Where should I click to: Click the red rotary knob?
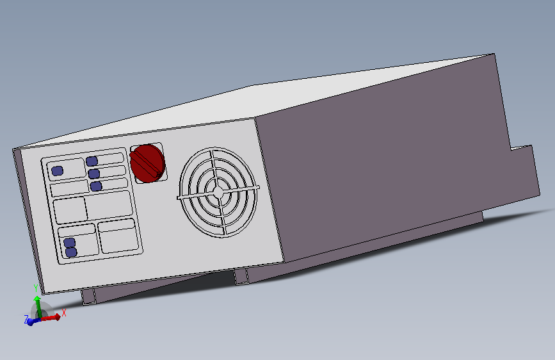[x=147, y=163]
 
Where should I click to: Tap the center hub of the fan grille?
[x=218, y=192]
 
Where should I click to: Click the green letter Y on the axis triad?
[x=36, y=288]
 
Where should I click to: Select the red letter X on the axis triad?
[x=64, y=313]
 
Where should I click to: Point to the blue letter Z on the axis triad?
[x=26, y=319]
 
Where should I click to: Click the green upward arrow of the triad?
[x=38, y=306]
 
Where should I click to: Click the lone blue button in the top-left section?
[x=58, y=171]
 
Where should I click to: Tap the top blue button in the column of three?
[x=92, y=161]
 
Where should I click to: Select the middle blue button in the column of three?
[x=94, y=174]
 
